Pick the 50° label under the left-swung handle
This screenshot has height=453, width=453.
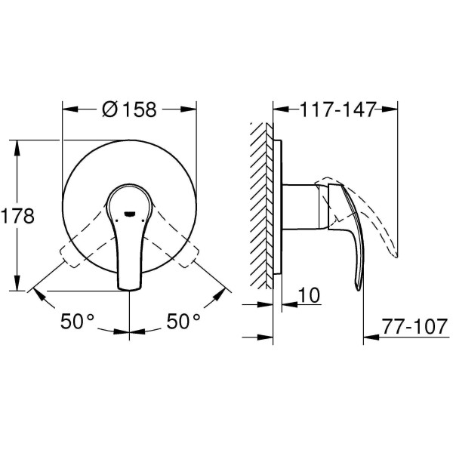(x=78, y=322)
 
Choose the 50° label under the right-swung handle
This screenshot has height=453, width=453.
(x=183, y=322)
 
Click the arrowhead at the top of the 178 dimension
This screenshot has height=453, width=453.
(x=16, y=144)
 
